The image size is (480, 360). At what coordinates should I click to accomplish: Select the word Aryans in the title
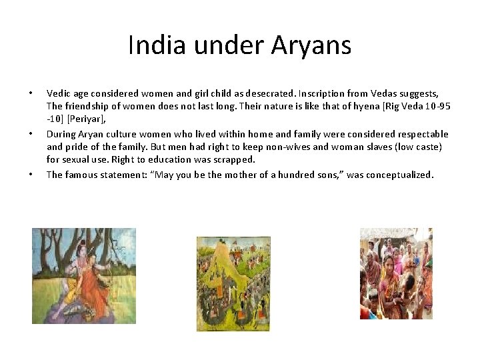311,45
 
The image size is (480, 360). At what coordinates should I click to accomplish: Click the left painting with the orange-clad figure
84,275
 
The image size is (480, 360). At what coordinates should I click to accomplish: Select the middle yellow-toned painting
233,283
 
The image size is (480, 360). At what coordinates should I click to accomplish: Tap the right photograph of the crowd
396,273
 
